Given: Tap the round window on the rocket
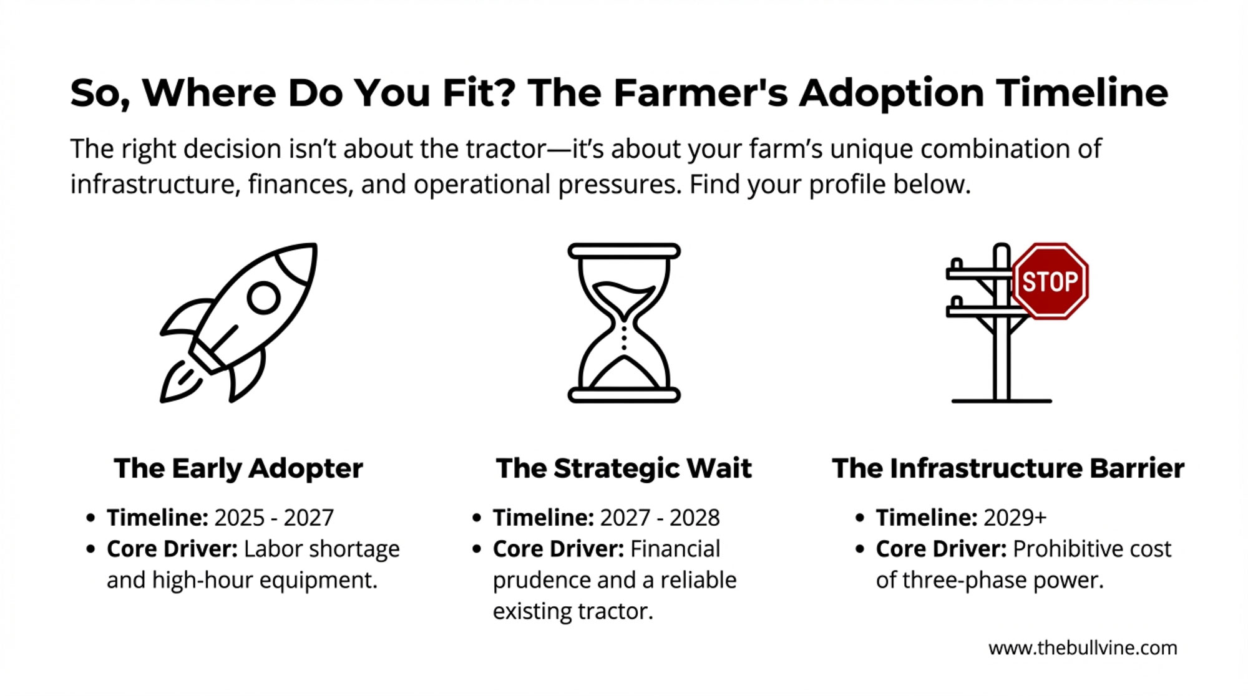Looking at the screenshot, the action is (263, 298).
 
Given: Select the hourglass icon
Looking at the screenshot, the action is (624, 322).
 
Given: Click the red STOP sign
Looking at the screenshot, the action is (1050, 281).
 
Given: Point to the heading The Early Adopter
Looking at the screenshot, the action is (238, 468).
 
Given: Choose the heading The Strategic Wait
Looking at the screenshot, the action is (624, 468).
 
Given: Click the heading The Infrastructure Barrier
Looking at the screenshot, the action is (1008, 468).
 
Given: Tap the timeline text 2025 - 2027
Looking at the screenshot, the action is (274, 518).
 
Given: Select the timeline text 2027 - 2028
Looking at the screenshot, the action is (660, 518).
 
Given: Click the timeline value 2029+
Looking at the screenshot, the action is (1015, 518).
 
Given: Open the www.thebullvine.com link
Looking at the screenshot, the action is (1083, 648).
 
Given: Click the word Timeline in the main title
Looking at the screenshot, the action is (1082, 93).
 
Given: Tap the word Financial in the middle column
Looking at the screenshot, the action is (675, 549).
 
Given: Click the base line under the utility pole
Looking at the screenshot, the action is (1002, 401).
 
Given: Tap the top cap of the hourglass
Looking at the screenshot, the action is (624, 251).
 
